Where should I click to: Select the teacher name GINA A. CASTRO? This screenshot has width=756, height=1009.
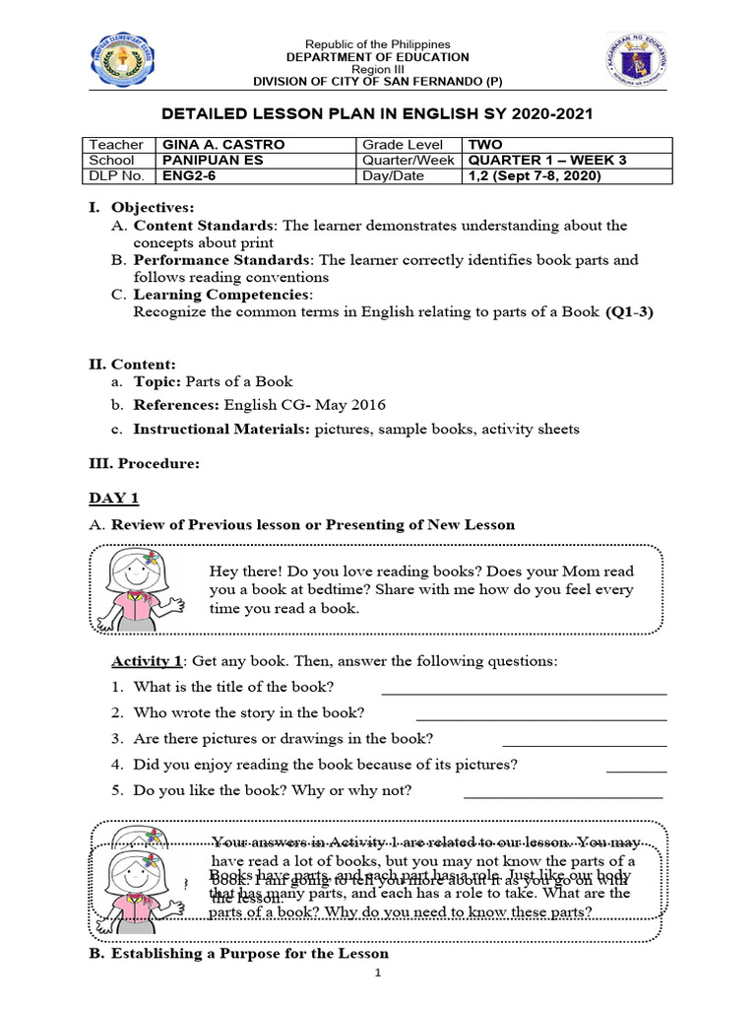(x=222, y=144)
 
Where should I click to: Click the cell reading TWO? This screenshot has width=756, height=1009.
(x=485, y=144)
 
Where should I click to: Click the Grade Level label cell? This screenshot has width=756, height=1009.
(x=404, y=144)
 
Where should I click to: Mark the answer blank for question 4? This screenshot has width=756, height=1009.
(x=636, y=770)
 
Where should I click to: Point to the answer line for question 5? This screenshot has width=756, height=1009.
(x=562, y=795)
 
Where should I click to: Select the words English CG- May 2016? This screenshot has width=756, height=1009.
(x=305, y=404)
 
